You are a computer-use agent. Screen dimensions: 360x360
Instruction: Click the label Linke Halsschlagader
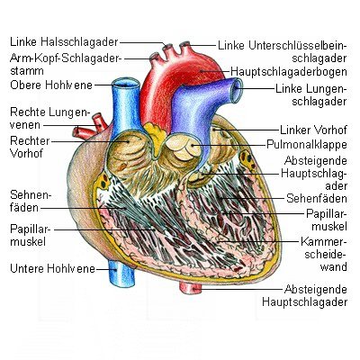(64, 42)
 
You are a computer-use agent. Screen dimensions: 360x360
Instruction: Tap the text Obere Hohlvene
(51, 85)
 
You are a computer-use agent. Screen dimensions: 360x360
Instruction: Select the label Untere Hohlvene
(52, 268)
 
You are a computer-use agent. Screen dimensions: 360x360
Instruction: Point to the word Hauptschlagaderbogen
(289, 72)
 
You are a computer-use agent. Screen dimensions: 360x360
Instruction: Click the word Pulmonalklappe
(307, 145)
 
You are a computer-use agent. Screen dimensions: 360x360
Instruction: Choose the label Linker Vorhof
(313, 130)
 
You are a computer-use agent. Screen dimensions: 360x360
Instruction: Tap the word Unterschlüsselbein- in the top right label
(298, 46)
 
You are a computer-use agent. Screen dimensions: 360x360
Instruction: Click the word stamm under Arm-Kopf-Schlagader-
(27, 71)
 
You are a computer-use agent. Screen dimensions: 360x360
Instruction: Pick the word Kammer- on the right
(324, 241)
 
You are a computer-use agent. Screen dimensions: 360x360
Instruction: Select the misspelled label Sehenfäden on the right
(317, 198)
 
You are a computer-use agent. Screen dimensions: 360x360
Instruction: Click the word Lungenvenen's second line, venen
(25, 125)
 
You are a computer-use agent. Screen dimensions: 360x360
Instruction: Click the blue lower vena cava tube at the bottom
(121, 274)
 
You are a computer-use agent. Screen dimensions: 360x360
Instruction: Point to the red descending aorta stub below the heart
(191, 288)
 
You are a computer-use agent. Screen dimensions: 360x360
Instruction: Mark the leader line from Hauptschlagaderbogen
(215, 72)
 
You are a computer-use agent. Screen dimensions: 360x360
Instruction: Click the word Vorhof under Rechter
(27, 153)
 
